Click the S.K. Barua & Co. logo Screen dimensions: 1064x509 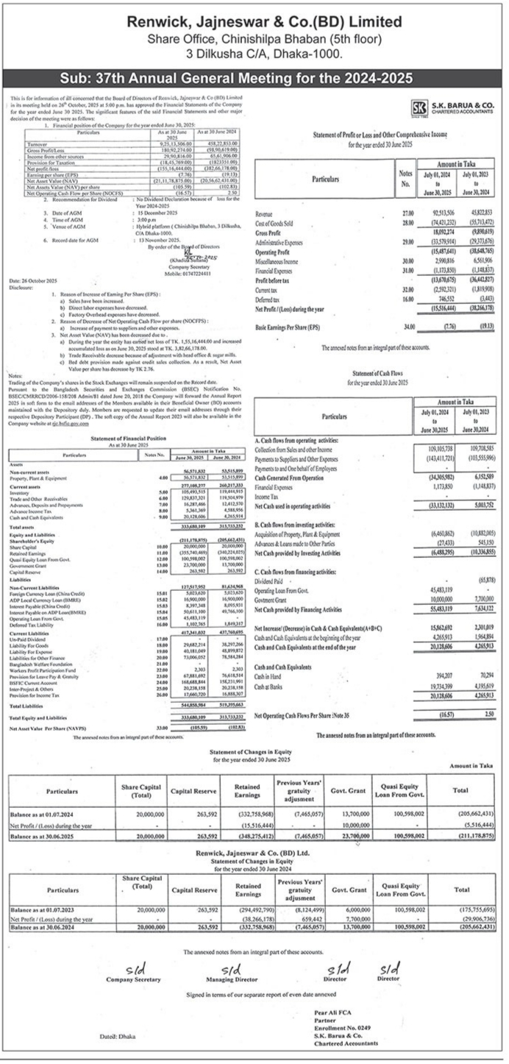423,106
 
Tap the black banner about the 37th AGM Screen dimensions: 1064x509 254,77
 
